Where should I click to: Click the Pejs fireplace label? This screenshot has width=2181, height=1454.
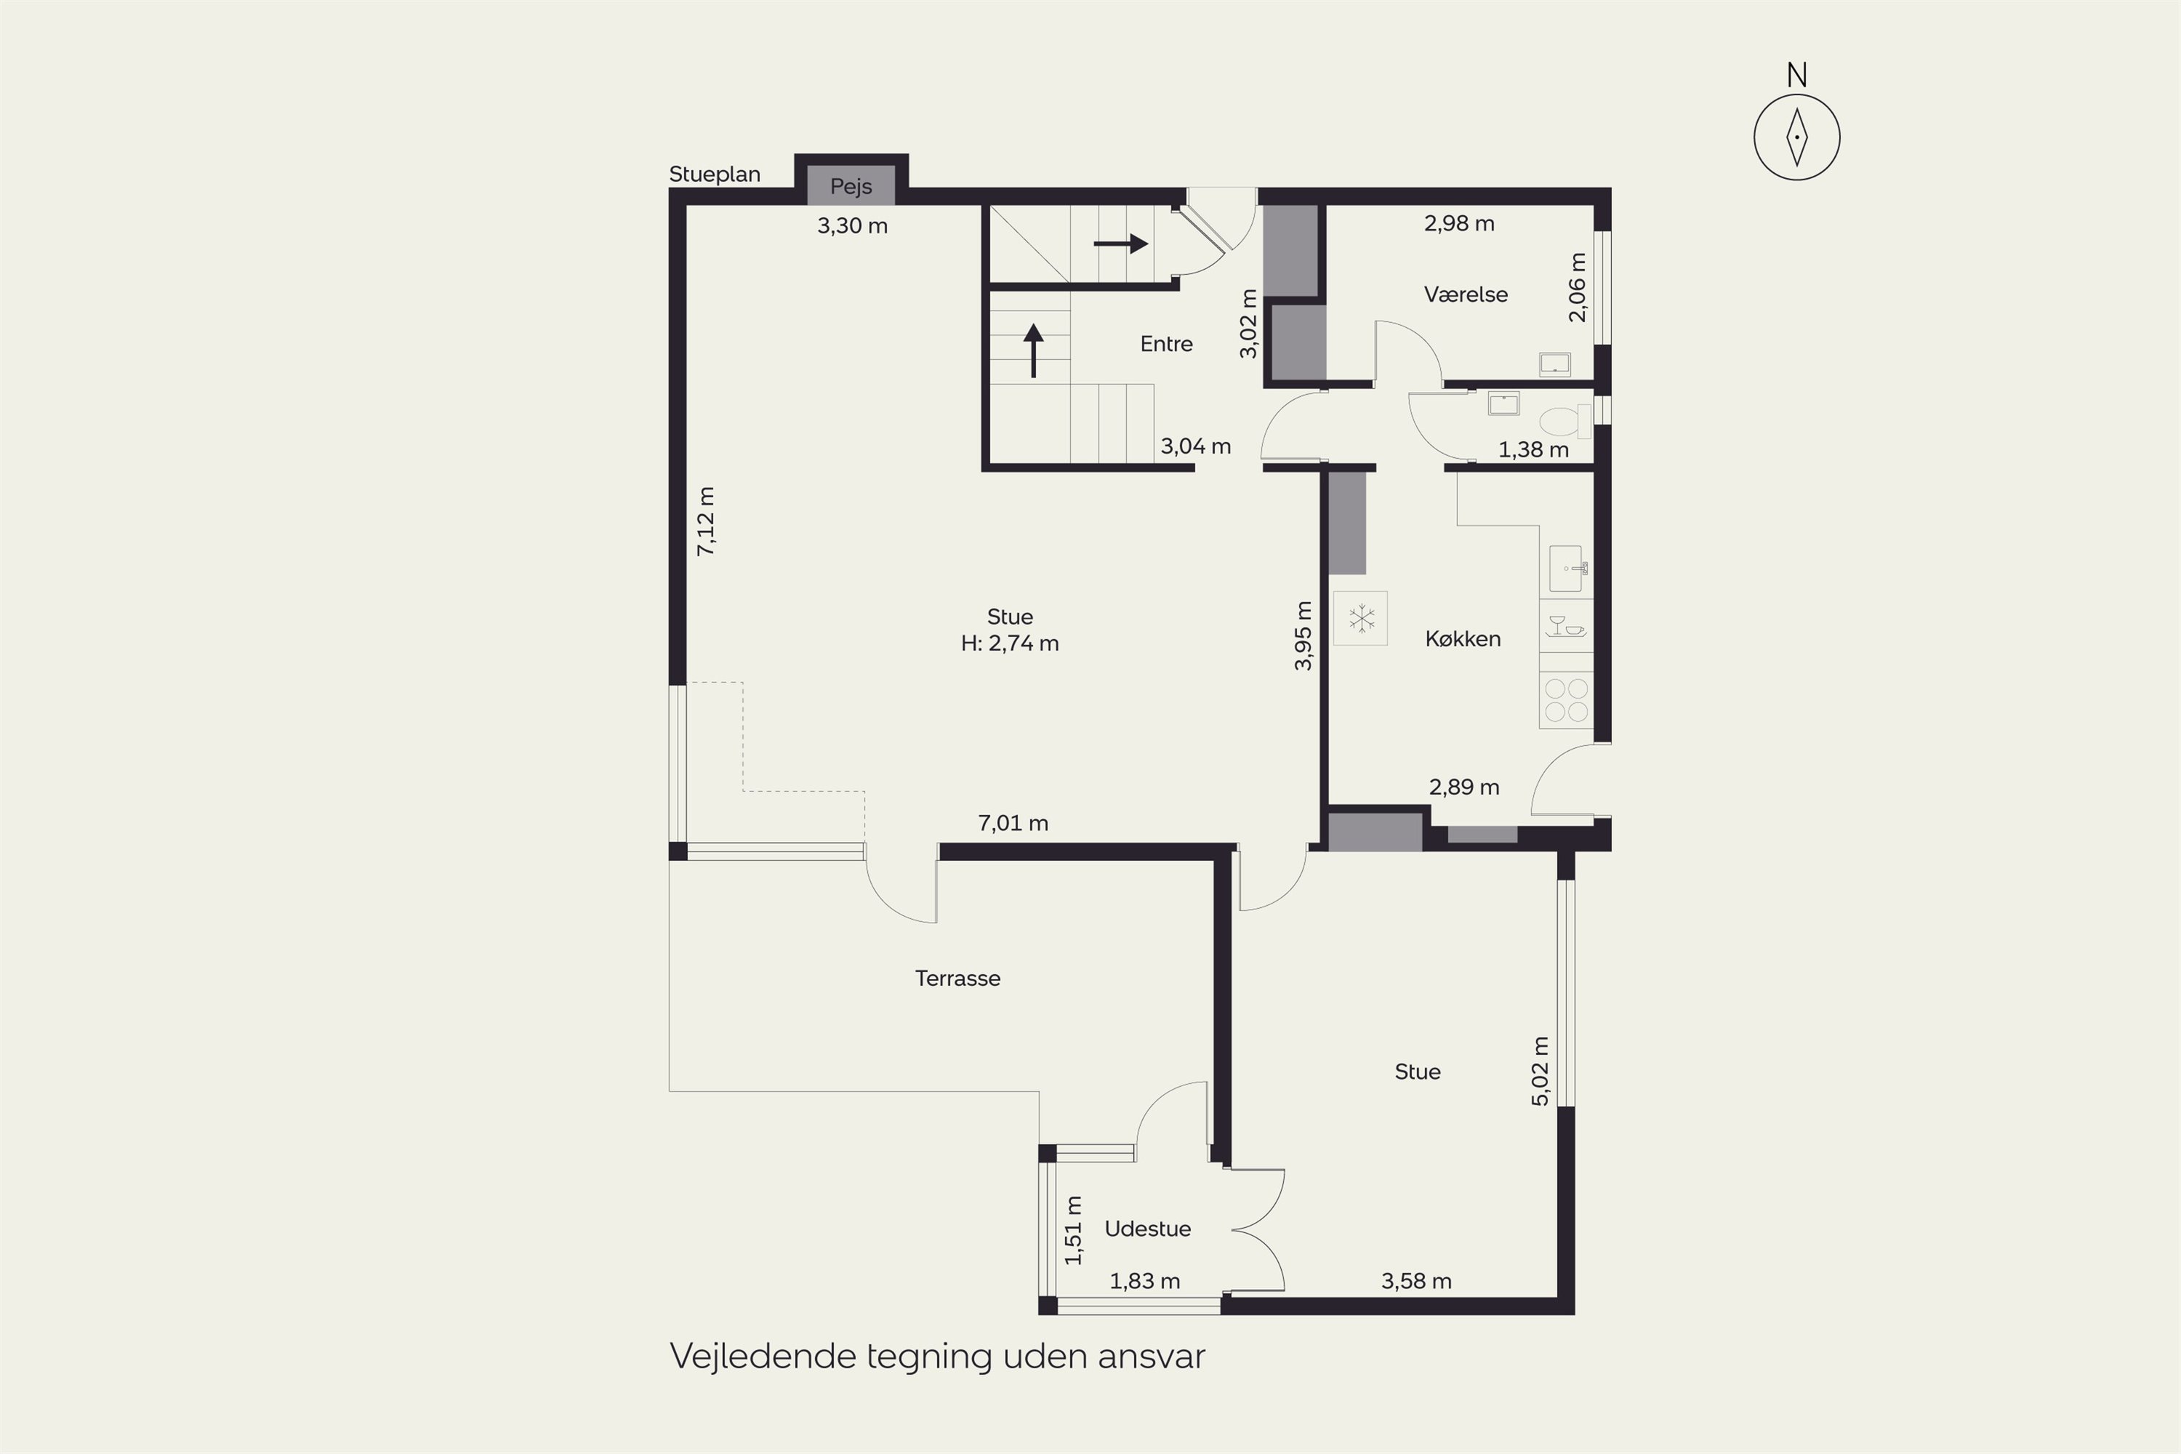(851, 186)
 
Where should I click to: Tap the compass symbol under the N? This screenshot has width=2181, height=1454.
(1797, 137)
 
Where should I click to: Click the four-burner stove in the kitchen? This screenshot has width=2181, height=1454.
(1566, 700)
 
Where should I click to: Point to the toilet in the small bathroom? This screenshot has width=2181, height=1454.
(1565, 422)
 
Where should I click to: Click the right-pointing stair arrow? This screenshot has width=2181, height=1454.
(1121, 244)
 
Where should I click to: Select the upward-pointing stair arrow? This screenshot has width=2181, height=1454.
(1033, 350)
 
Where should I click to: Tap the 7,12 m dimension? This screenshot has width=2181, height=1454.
(706, 521)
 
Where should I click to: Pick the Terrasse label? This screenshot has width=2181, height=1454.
(958, 979)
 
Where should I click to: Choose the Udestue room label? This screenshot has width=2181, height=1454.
(1148, 1229)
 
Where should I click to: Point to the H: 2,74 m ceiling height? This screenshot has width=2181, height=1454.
(1010, 643)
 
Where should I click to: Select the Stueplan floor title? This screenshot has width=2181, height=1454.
(715, 174)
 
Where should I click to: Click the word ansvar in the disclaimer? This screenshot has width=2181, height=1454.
(1152, 1357)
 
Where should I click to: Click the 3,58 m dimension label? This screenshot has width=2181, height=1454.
(1416, 1282)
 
